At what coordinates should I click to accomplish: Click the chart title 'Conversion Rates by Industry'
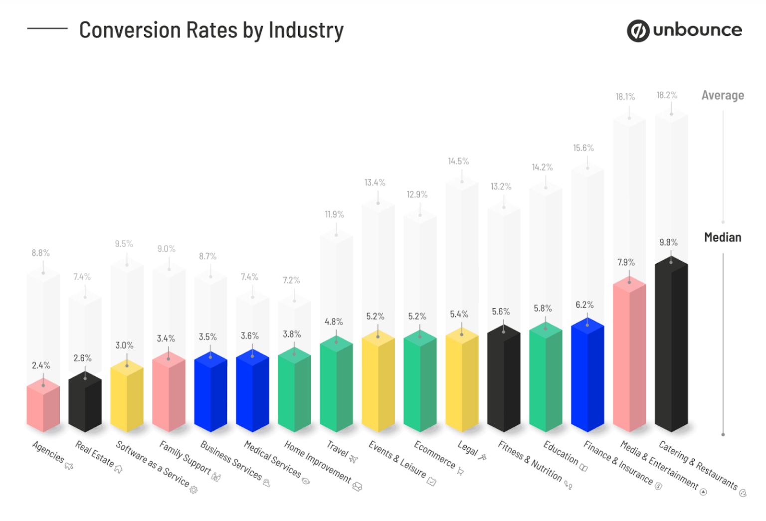click(x=211, y=30)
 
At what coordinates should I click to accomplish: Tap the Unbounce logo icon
click(x=638, y=30)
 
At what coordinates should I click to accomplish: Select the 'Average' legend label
click(x=723, y=95)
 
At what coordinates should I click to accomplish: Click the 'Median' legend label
click(x=723, y=237)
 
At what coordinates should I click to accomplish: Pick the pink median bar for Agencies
click(x=43, y=406)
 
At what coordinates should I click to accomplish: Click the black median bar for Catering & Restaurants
click(x=671, y=344)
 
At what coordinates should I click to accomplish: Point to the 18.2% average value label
click(x=667, y=95)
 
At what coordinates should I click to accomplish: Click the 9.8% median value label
click(x=668, y=242)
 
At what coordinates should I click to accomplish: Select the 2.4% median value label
click(x=41, y=365)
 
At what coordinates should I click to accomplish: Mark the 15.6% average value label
click(x=583, y=148)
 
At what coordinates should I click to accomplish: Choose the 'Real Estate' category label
click(x=94, y=454)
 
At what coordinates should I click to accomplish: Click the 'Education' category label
click(x=561, y=453)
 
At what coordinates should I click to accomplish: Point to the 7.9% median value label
click(x=626, y=262)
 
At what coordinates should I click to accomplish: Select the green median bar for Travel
click(x=336, y=384)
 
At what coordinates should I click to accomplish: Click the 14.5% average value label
click(x=458, y=162)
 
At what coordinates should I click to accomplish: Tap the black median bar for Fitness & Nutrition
click(x=504, y=379)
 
